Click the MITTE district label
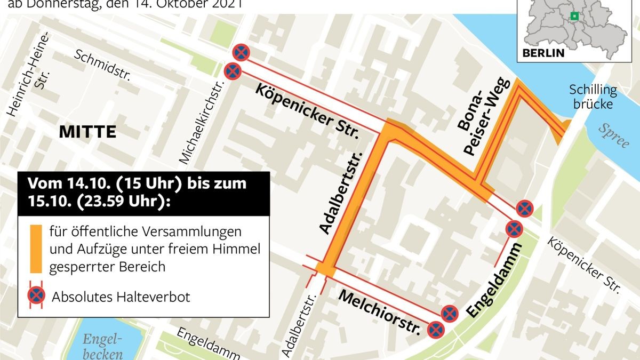(87, 132)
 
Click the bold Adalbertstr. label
(342, 192)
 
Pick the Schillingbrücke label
(593, 97)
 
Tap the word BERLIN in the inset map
(543, 53)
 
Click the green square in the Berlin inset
(574, 16)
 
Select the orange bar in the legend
(36, 249)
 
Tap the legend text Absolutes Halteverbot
(121, 297)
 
